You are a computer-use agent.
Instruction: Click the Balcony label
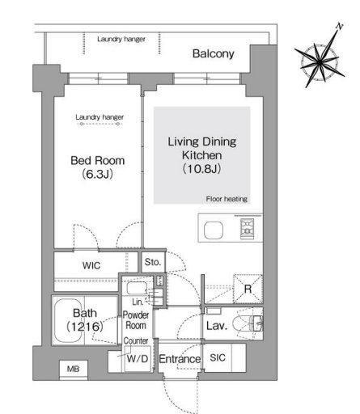[213, 54]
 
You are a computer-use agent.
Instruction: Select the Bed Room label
[98, 161]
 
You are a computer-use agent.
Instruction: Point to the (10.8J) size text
[202, 169]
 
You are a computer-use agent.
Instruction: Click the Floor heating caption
[227, 199]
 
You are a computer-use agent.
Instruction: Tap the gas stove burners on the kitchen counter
[248, 229]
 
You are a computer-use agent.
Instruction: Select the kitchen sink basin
[214, 230]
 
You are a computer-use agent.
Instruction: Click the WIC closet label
[91, 265]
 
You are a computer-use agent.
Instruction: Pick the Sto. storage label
[153, 262]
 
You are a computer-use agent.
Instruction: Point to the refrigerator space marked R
[248, 289]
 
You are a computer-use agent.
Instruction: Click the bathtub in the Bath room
[69, 321]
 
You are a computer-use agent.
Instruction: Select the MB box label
[73, 369]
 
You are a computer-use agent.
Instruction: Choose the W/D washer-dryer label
[138, 358]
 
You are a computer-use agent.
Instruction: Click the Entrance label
[180, 359]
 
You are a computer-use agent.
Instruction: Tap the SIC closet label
[218, 357]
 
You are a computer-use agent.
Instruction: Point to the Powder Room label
[136, 320]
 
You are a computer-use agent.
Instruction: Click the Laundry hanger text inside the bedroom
[100, 117]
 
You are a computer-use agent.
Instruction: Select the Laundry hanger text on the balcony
[121, 39]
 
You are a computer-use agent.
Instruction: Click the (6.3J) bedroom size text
[97, 174]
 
